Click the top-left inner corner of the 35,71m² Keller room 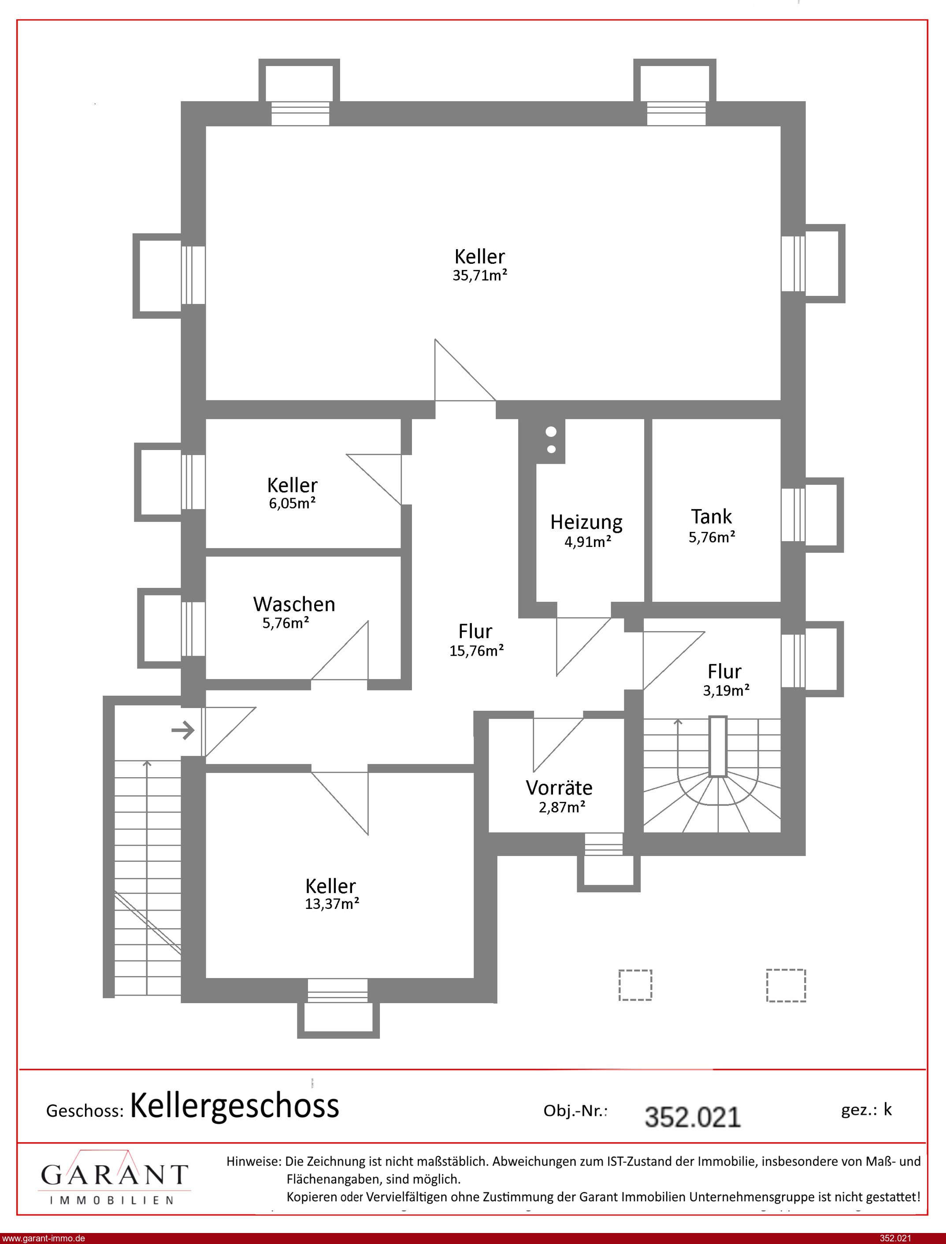(x=206, y=126)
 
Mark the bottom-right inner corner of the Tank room (x=780, y=601)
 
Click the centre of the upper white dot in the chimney (x=551, y=432)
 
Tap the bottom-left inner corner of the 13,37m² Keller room (x=206, y=978)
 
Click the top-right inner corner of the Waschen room (x=401, y=557)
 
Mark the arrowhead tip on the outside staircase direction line (x=147, y=761)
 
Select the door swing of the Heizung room (x=584, y=646)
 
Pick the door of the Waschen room (x=340, y=650)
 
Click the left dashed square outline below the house (x=635, y=985)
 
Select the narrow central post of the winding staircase (x=718, y=746)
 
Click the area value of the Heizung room (x=588, y=541)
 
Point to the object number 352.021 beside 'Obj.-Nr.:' (x=692, y=1118)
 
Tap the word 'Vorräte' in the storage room (x=559, y=788)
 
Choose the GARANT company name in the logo (x=114, y=1175)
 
